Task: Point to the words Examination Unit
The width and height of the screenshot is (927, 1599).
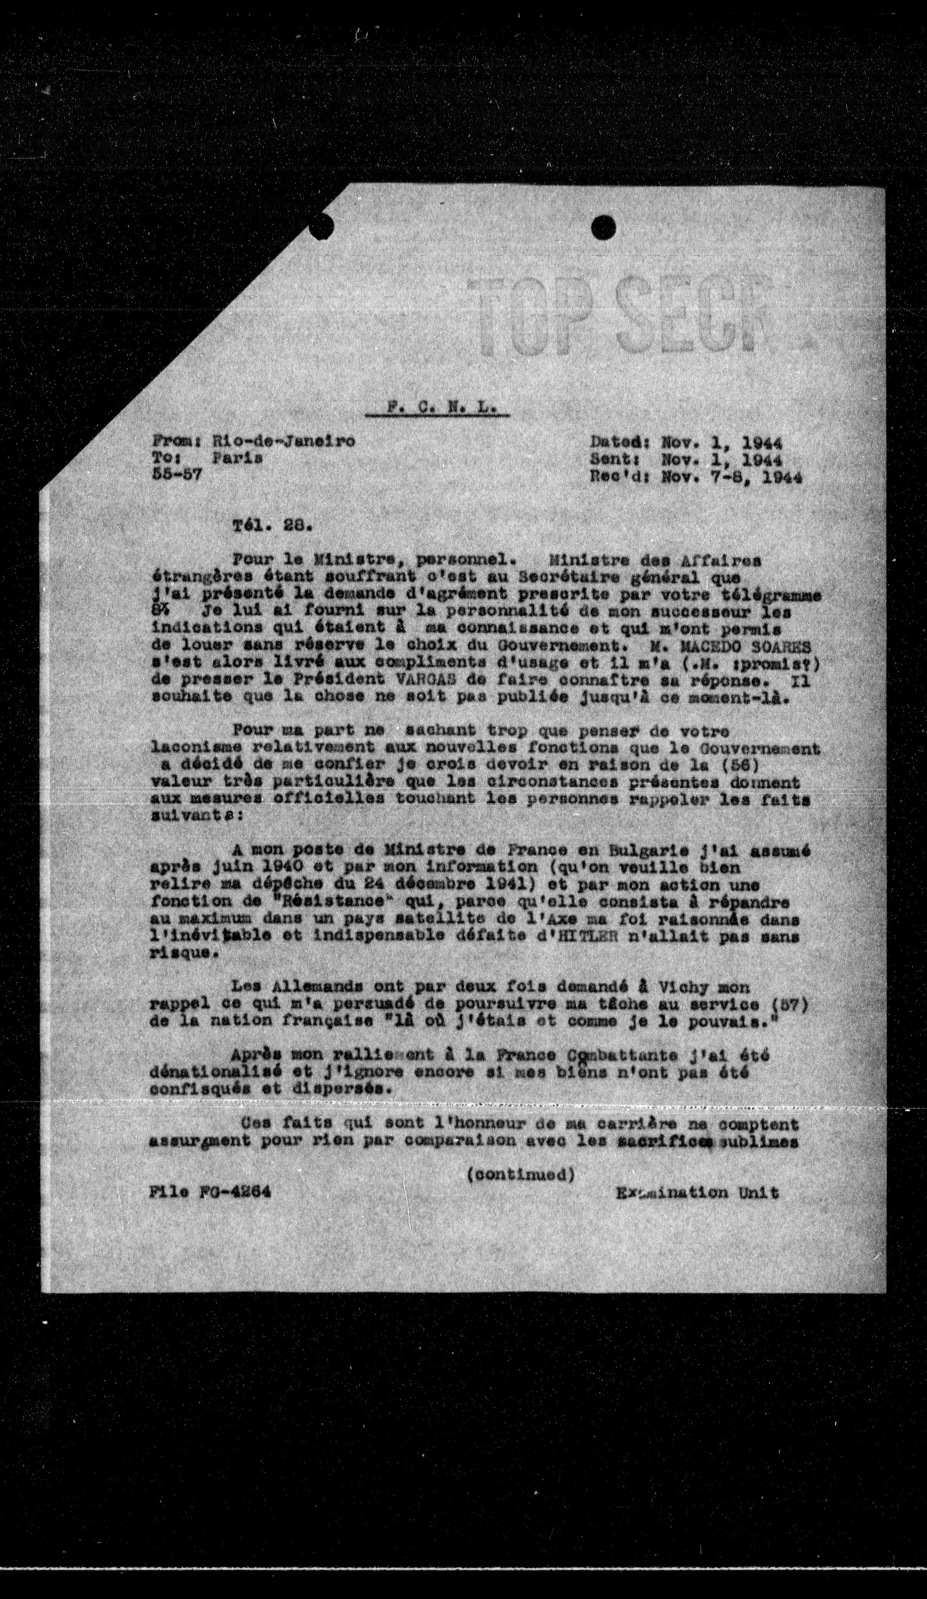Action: click(697, 1193)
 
